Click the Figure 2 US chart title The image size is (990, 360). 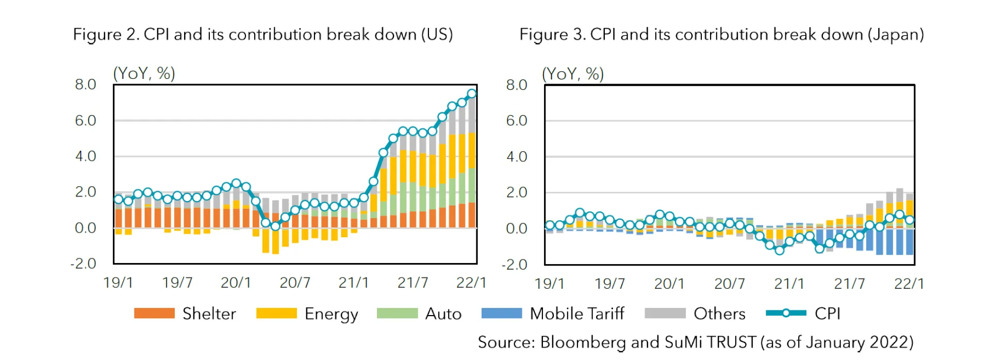(x=262, y=35)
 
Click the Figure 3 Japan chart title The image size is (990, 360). (x=721, y=35)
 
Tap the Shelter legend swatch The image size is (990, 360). (x=154, y=314)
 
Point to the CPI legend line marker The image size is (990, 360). (x=786, y=313)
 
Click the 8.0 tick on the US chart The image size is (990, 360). (x=86, y=85)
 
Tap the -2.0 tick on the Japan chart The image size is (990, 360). (x=514, y=265)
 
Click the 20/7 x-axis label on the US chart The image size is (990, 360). (x=294, y=283)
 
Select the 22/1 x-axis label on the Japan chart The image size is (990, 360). (x=909, y=284)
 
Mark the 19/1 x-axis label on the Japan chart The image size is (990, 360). (x=549, y=284)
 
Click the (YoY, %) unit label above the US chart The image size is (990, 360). (x=144, y=73)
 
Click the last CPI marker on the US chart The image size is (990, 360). (x=471, y=94)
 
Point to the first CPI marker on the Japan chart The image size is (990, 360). (x=550, y=225)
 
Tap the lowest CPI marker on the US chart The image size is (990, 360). (x=275, y=226)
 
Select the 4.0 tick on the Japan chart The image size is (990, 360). (x=517, y=156)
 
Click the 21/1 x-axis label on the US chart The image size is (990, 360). (x=353, y=283)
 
